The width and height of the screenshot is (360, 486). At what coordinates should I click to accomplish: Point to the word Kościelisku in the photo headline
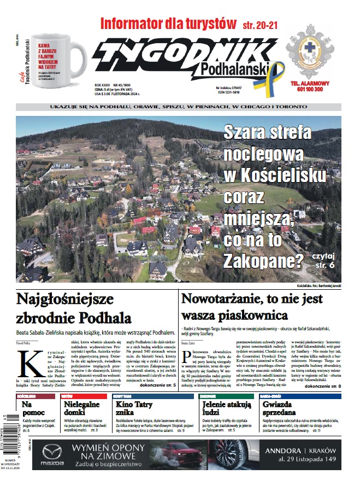click(275, 175)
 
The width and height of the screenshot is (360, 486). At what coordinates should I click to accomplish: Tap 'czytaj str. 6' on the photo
click(323, 260)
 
